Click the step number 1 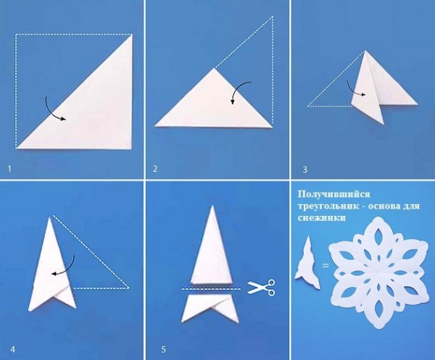click(9, 169)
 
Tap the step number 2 click(155, 169)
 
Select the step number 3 click(305, 169)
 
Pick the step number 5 click(163, 349)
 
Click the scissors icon click(261, 288)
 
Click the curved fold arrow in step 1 click(52, 111)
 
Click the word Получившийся click(333, 195)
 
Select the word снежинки click(322, 218)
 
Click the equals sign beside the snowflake click(326, 266)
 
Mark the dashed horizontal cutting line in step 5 click(212, 289)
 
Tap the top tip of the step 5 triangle click(212, 206)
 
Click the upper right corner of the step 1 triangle click(132, 34)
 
